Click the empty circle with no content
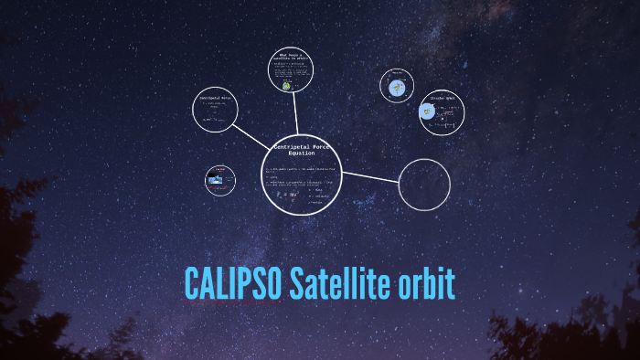[x=424, y=184]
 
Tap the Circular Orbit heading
[x=444, y=96]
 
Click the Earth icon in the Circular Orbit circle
[x=427, y=112]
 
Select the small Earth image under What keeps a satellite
[x=287, y=86]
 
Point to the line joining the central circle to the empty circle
[x=369, y=175]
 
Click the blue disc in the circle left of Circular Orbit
[x=397, y=88]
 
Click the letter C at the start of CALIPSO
[x=193, y=284]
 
